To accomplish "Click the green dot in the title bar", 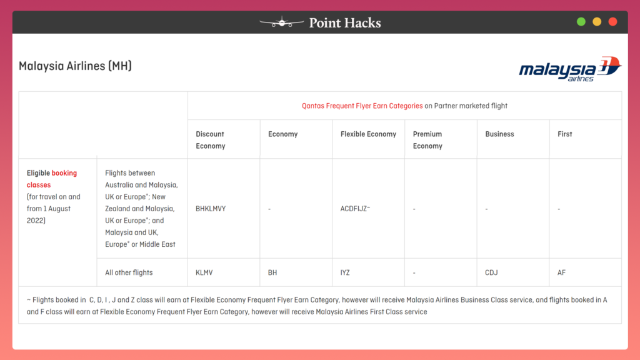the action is tap(581, 22).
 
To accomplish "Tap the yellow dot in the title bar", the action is tap(597, 22).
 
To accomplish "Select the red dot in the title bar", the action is tap(612, 22).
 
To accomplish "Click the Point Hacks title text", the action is tap(344, 23).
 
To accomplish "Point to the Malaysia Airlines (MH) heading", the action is tap(75, 66).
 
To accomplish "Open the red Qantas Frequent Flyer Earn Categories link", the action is tap(362, 106).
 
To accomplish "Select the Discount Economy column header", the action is tap(210, 139).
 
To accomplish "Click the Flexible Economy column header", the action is tap(368, 134).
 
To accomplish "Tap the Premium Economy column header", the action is tap(427, 139).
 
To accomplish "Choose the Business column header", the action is tap(499, 134).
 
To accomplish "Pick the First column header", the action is tap(564, 134).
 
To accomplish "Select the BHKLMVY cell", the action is tap(211, 209).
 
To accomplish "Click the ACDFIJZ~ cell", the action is tap(355, 209).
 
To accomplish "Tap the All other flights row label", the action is tap(129, 272).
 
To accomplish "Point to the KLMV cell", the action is tap(205, 272).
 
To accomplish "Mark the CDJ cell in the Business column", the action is tap(491, 272).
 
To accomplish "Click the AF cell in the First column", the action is tap(561, 272).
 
